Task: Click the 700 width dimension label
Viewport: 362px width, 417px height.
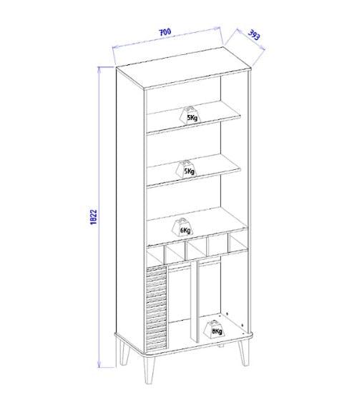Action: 165,32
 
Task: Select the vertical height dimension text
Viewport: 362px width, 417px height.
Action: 94,217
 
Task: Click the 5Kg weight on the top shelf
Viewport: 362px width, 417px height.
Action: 190,116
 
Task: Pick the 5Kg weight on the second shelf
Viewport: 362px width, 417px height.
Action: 186,169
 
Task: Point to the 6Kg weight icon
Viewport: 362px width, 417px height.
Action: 182,227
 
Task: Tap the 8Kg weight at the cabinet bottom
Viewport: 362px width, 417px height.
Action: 214,329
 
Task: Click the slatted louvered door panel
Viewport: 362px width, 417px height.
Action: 157,308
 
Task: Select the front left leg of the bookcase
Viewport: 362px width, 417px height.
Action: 150,370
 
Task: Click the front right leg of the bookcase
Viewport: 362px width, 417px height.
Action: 244,353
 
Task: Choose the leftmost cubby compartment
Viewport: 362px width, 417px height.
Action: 155,255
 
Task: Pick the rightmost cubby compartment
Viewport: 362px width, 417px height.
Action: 239,242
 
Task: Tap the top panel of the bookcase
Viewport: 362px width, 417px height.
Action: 184,67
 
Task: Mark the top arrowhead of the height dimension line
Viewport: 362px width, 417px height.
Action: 99,70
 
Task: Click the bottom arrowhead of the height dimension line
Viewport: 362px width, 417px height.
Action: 99,364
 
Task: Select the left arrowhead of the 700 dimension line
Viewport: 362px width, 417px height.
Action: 114,47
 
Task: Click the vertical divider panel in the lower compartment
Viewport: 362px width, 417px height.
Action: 194,302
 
